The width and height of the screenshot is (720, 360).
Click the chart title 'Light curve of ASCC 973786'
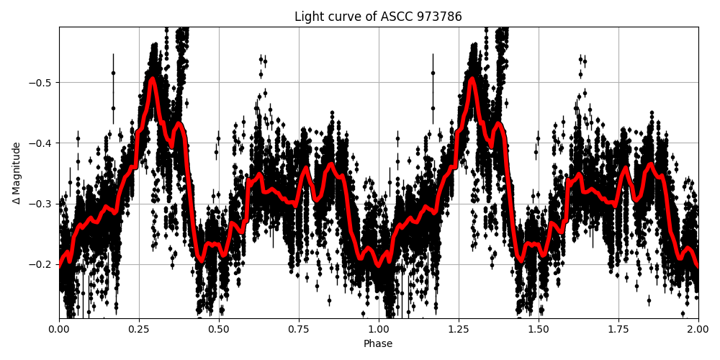point(378,17)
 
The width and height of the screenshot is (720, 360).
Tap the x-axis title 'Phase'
point(378,344)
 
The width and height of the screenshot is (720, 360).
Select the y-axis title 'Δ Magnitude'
point(17,173)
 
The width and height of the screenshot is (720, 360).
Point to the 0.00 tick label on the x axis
point(59,329)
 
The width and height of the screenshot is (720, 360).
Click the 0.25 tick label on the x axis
point(139,329)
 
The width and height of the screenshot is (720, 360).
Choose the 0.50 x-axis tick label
point(219,329)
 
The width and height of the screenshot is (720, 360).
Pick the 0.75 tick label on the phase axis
point(299,329)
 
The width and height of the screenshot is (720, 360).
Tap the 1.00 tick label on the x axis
point(379,329)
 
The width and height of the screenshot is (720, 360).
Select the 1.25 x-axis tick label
point(459,329)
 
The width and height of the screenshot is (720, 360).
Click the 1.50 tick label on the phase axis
point(539,329)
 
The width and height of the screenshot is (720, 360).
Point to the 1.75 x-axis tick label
point(618,329)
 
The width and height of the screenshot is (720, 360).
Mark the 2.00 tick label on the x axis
point(698,329)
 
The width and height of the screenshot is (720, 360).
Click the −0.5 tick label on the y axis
point(42,82)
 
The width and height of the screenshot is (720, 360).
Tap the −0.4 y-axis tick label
point(42,143)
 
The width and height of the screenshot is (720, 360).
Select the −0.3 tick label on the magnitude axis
point(42,204)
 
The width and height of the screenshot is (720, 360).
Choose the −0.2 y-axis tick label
point(42,264)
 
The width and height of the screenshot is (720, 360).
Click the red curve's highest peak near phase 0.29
point(152,78)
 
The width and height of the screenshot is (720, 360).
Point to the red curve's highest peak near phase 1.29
point(472,78)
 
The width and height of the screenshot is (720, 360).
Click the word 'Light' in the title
point(307,17)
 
